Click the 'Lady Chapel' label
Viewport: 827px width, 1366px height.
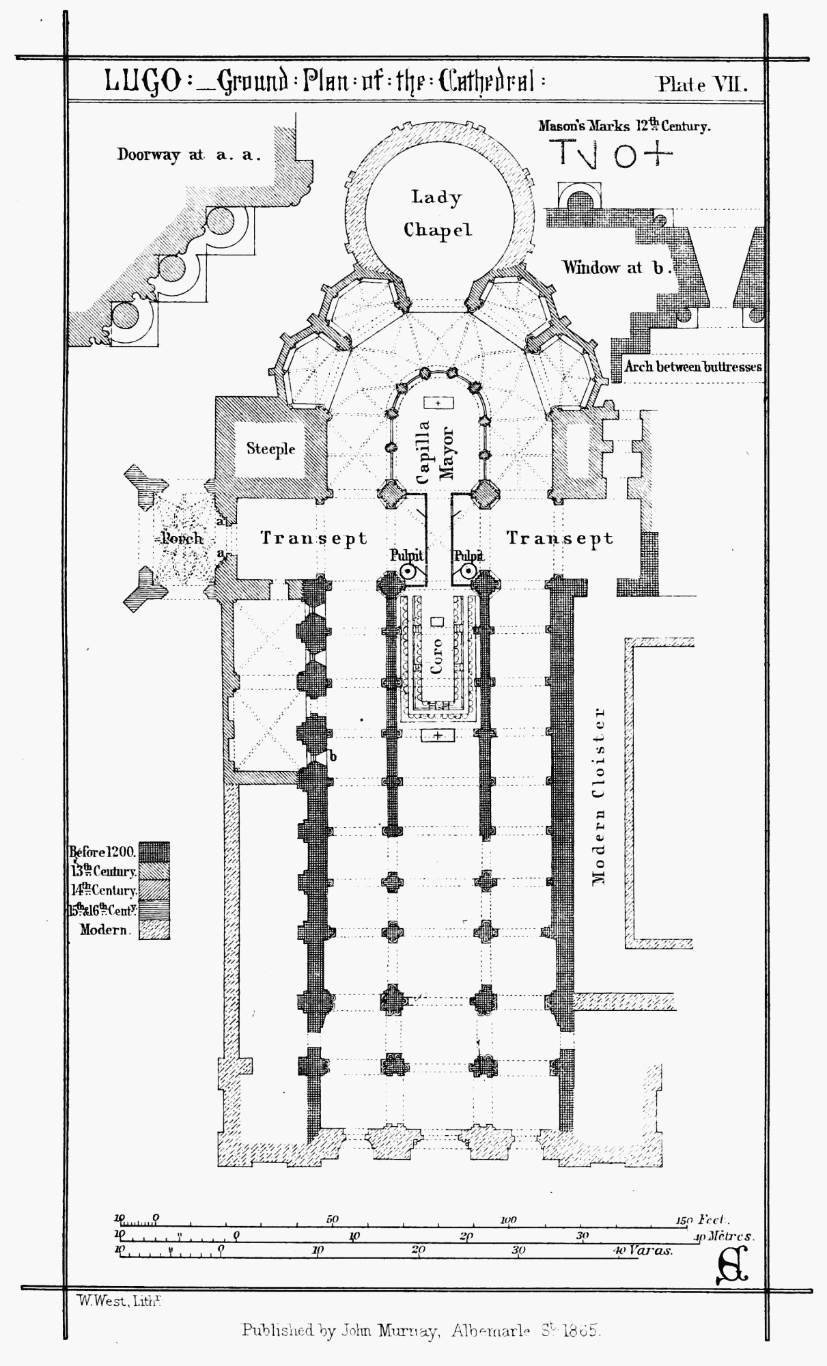click(x=437, y=213)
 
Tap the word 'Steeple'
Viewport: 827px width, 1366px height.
click(x=271, y=449)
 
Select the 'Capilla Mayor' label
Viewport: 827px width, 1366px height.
click(x=435, y=451)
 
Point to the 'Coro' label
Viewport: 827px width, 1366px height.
click(x=437, y=656)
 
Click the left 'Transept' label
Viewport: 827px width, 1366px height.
click(x=314, y=538)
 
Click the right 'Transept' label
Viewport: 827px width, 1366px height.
click(x=560, y=538)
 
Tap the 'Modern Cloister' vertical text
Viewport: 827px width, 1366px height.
click(x=599, y=796)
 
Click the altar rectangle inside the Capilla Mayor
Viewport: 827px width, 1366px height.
click(x=438, y=403)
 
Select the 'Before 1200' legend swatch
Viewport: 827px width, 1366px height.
click(x=154, y=852)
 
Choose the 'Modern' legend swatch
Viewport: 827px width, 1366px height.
click(x=154, y=930)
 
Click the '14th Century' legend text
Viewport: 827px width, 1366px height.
click(x=104, y=891)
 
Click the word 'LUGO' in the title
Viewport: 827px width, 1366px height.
click(x=143, y=82)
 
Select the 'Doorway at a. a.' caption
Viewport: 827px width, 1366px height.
click(x=189, y=154)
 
